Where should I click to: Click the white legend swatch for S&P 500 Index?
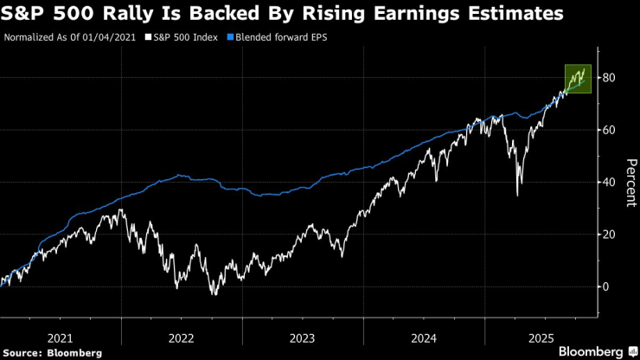click(x=148, y=37)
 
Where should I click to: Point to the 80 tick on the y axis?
click(x=609, y=78)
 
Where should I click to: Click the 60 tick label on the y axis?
click(x=609, y=130)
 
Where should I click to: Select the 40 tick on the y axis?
click(x=609, y=183)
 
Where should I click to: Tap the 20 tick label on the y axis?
click(x=609, y=235)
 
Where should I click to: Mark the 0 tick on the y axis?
click(x=605, y=286)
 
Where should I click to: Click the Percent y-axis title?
click(x=630, y=183)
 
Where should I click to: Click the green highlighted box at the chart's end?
click(x=578, y=79)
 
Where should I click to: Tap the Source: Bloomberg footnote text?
click(x=53, y=352)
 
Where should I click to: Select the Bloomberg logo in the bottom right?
click(x=591, y=351)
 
